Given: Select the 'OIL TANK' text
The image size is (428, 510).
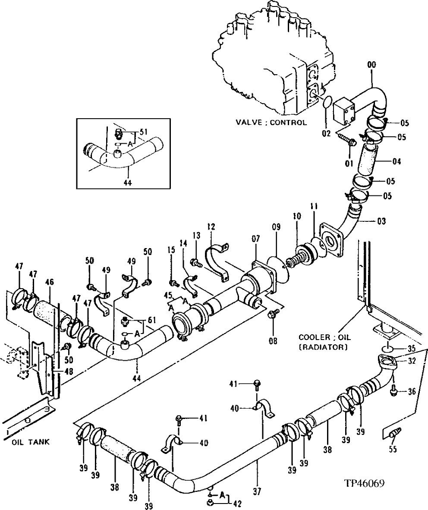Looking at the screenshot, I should [x=25, y=442].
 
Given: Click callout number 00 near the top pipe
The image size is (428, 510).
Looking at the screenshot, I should [x=371, y=65].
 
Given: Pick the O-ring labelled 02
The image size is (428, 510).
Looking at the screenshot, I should [x=327, y=104].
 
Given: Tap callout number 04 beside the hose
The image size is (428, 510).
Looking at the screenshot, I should [x=396, y=162].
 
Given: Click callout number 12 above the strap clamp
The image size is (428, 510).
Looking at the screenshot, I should [x=211, y=226].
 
